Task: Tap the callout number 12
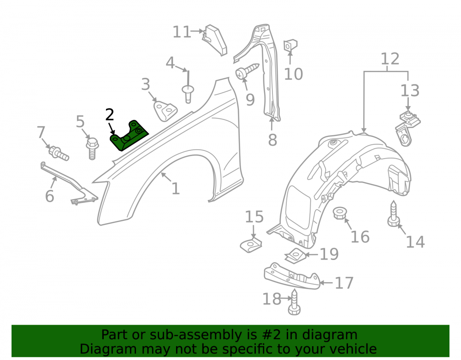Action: pos(390,59)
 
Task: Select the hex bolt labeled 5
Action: pos(92,148)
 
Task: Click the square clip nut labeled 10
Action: pos(290,46)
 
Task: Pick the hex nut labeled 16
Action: pos(339,213)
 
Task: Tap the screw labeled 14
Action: pos(393,214)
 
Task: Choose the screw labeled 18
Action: pos(294,302)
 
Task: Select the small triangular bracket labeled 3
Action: pos(165,111)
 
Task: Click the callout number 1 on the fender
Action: pos(176,189)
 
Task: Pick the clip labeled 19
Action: pos(295,255)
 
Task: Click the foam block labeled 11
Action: pos(215,40)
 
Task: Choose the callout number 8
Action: pos(272,140)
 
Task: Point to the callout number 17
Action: pos(344,283)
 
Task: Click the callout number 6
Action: pos(50,196)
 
